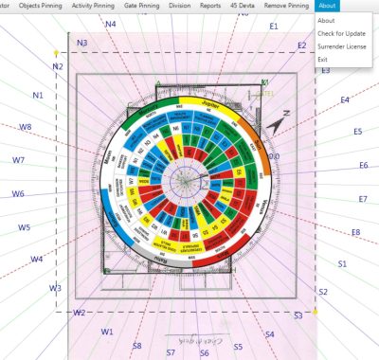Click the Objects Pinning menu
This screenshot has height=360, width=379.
[x=40, y=6]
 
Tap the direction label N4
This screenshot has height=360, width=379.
[x=111, y=24]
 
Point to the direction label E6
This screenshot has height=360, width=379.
[x=363, y=166]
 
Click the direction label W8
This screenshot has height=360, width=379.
[x=26, y=127]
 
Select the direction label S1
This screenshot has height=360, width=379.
[x=342, y=263]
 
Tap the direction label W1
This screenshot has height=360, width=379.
[x=107, y=332]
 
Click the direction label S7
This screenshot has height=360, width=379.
[x=171, y=352]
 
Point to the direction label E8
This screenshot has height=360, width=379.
[x=355, y=232]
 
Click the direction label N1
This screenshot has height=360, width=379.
[x=38, y=96]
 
